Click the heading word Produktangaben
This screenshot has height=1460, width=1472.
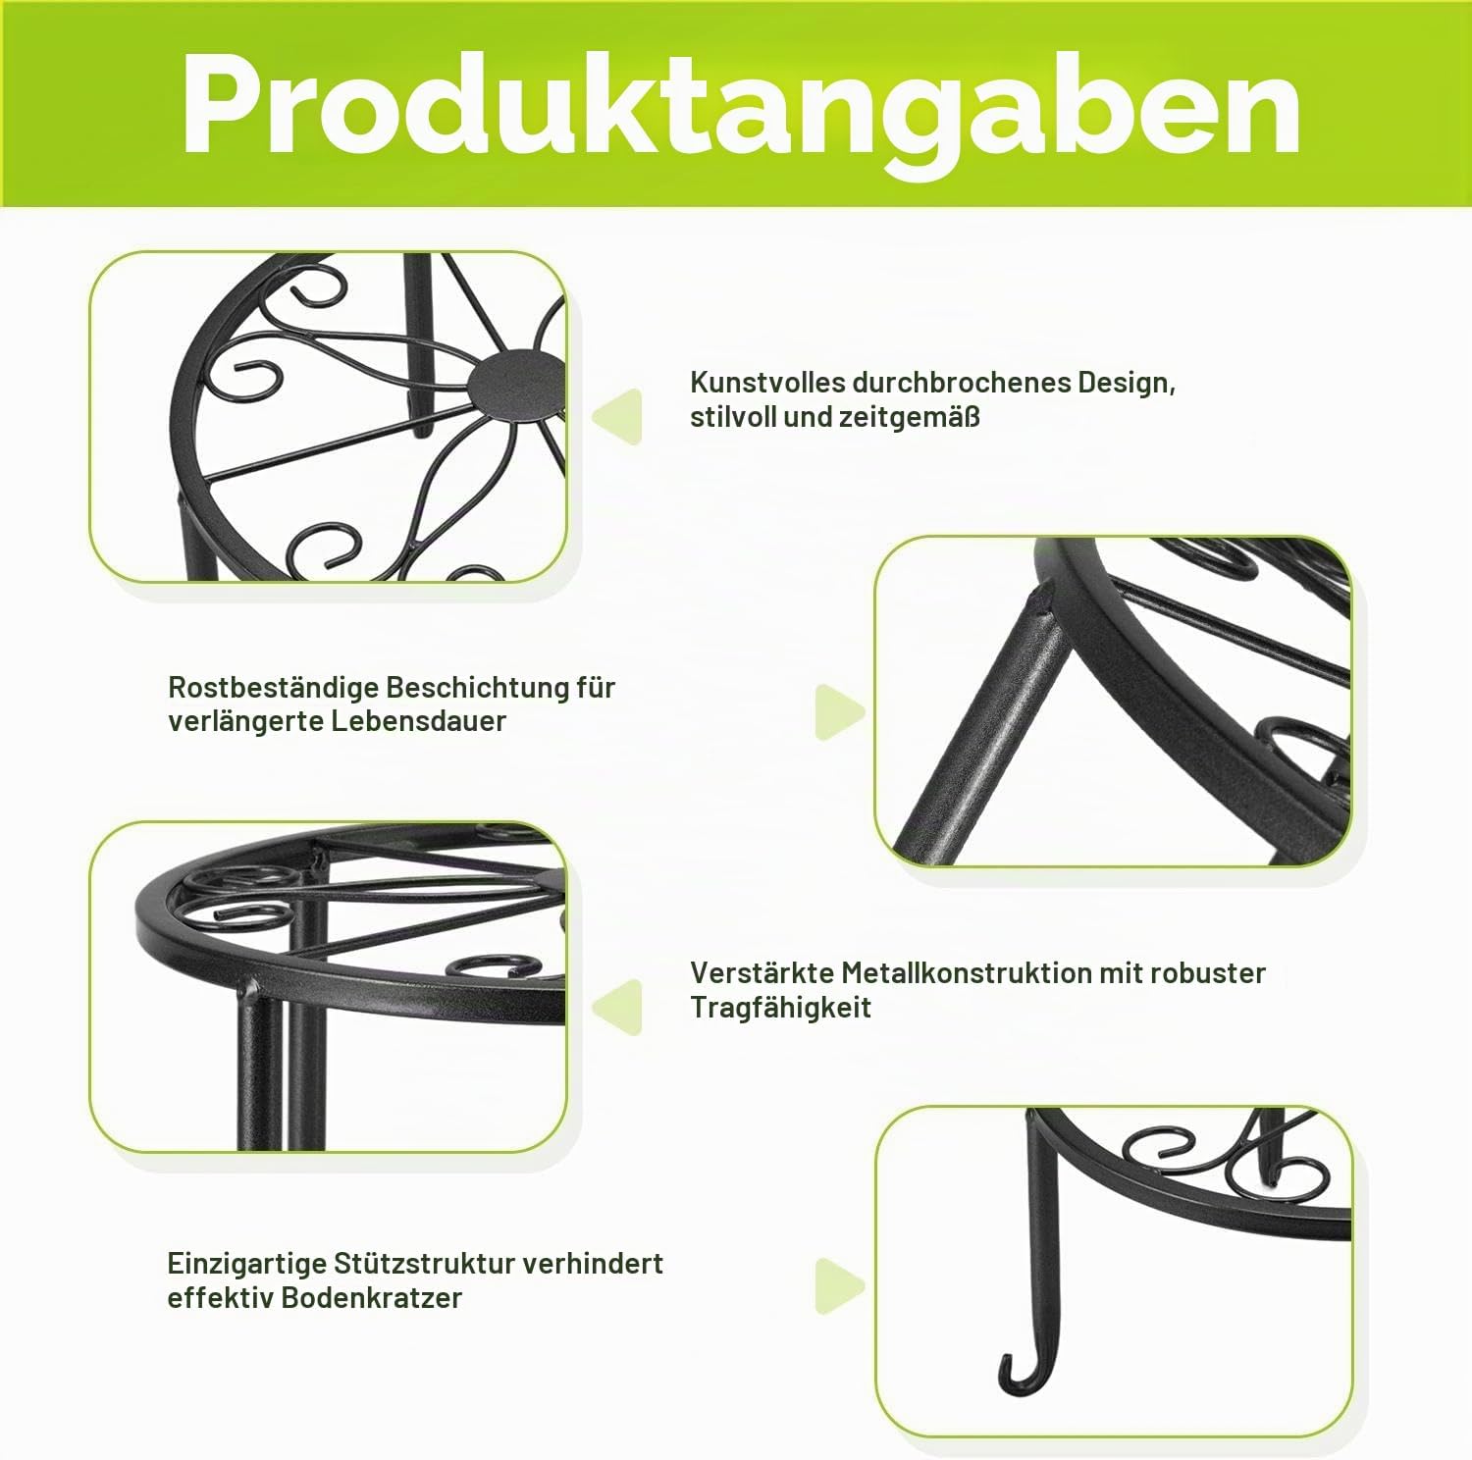pos(741,106)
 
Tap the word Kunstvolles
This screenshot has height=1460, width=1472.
pos(767,382)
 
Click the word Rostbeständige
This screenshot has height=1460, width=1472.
pos(273,687)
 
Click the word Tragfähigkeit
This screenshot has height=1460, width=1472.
pos(780,1008)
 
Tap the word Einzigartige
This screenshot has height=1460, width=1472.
pos(246,1264)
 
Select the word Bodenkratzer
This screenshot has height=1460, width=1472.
pos(371,1298)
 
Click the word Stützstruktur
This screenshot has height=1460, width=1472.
pos(424,1264)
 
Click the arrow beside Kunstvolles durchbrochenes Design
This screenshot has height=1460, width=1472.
pos(618,416)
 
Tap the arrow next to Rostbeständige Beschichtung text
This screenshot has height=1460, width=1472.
pos(839,711)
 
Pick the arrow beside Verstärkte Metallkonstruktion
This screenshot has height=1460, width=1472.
pos(618,1006)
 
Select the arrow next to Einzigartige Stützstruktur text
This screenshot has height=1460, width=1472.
pos(839,1286)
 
